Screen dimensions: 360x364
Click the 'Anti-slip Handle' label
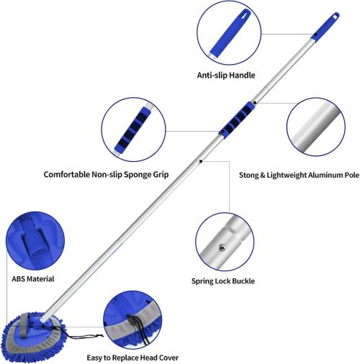point(226,76)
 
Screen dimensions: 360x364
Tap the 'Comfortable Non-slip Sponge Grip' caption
point(106,174)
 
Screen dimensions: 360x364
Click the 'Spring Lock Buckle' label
point(223,281)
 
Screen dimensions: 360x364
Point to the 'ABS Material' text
point(33,279)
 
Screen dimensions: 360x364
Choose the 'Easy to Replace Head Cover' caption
point(132,358)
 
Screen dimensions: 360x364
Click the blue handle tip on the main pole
point(325,27)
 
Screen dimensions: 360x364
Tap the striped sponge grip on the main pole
point(237,119)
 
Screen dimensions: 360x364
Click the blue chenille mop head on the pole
point(34,337)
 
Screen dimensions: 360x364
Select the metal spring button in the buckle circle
point(222,247)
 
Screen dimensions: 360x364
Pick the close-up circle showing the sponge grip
point(133,129)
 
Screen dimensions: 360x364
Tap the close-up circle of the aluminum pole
point(316,127)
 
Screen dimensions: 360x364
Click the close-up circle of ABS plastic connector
point(35,240)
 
